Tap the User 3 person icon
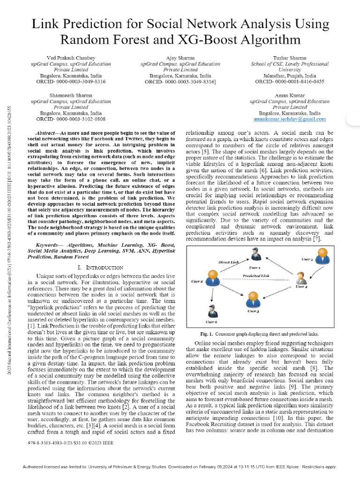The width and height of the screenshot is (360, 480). [253, 298]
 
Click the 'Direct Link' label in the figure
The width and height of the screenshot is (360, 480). [228, 262]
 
